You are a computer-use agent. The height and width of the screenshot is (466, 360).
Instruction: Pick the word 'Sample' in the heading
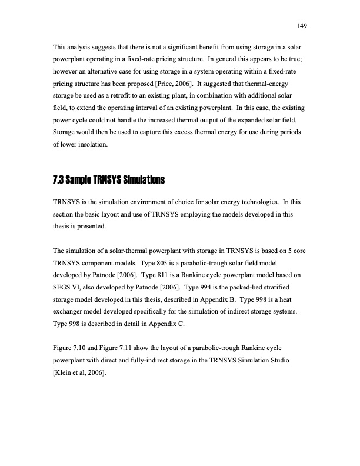point(82,179)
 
